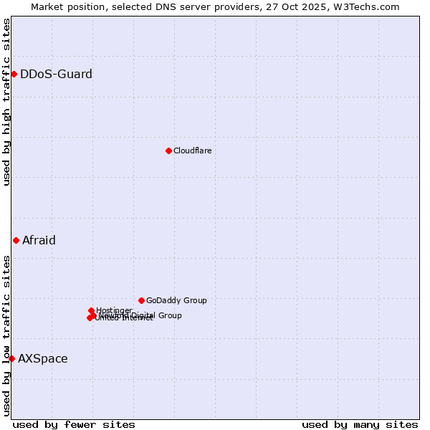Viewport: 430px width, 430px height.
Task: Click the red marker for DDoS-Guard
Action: coord(14,74)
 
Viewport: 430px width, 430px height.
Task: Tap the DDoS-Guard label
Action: coord(56,74)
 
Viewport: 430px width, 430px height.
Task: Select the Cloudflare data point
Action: coord(168,150)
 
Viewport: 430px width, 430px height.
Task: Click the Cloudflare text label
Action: coord(192,150)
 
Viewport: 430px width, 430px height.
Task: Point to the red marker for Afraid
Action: coord(16,240)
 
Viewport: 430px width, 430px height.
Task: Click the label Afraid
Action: coord(39,240)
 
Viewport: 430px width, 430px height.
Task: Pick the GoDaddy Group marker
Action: coord(141,300)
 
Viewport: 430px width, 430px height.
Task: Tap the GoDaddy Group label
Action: coord(176,300)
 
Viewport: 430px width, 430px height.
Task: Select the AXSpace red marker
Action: coord(11,358)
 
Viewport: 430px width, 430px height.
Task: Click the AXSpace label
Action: coord(43,358)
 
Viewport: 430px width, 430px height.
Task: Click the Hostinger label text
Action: coord(114,310)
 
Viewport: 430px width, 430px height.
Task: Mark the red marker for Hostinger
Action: coord(91,310)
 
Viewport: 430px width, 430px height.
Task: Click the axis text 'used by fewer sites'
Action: coord(74,424)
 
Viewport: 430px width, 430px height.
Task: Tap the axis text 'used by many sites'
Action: coord(360,424)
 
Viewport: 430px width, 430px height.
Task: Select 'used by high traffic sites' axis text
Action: coord(6,102)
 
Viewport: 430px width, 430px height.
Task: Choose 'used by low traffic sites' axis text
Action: coord(6,335)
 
